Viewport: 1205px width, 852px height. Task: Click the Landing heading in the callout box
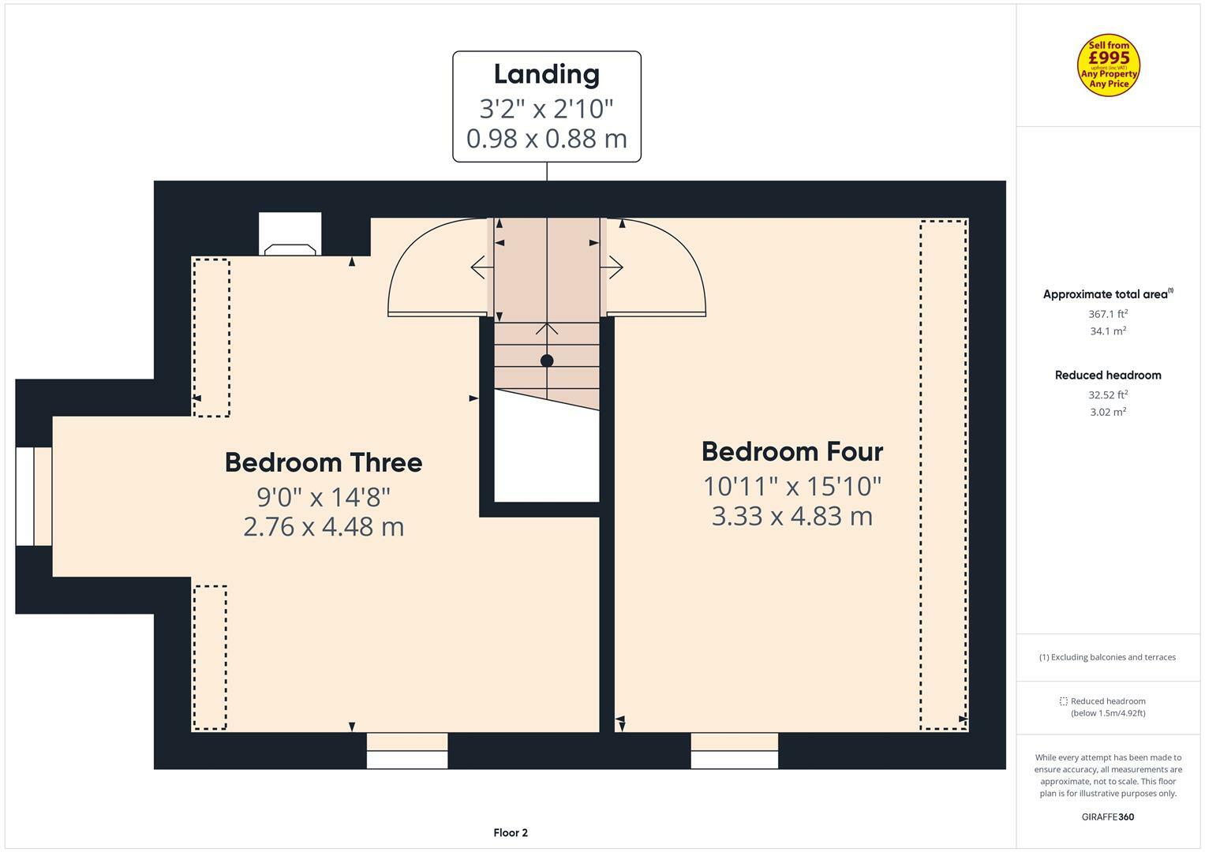(546, 74)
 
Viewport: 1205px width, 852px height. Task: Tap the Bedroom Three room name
(323, 462)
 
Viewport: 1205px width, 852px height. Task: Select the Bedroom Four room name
(791, 451)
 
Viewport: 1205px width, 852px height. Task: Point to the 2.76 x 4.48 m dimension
(323, 526)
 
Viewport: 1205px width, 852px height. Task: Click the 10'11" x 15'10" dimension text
(791, 486)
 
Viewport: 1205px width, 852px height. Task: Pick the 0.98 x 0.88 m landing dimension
(546, 139)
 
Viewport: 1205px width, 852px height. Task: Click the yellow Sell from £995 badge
(1109, 66)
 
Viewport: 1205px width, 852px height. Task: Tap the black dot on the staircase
(547, 361)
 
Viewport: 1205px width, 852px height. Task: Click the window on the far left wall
(34, 496)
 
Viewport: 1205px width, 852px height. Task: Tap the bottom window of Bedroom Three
(407, 751)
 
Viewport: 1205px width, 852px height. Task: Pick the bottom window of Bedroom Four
(734, 751)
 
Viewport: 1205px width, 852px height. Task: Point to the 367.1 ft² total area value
(1107, 314)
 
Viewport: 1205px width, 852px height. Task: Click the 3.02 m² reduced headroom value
(1107, 412)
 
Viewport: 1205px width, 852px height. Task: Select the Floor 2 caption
(511, 832)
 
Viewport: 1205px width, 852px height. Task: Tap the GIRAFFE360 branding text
(1107, 816)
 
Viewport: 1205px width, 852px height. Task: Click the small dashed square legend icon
(1063, 701)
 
